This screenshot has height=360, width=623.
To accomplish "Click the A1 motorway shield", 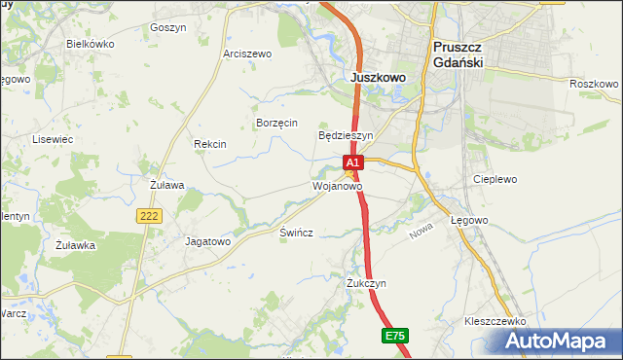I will click(352, 162).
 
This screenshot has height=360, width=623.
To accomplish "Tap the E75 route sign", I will click(394, 336).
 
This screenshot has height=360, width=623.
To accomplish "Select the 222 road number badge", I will click(149, 217).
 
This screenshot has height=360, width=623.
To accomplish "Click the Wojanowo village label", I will click(337, 185).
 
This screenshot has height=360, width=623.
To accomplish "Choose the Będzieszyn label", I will click(346, 135).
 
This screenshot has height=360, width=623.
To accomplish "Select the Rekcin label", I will click(210, 144).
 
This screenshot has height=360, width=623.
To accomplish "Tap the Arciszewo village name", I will click(246, 54).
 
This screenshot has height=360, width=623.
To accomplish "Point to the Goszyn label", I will click(168, 28).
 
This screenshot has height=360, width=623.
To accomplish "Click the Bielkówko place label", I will click(91, 44).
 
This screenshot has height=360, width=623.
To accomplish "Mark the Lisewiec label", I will click(54, 139).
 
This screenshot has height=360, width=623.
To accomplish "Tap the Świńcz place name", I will click(295, 235).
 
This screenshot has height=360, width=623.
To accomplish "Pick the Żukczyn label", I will click(366, 283).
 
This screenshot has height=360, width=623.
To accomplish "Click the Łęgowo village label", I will click(469, 221).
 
